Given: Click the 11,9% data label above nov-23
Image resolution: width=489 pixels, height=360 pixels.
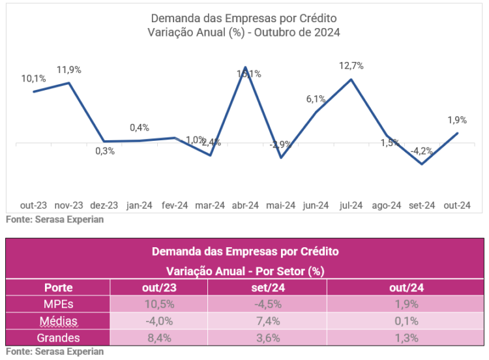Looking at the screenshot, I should (x=69, y=70).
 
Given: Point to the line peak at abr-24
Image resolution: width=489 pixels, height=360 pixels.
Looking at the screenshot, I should (x=245, y=67).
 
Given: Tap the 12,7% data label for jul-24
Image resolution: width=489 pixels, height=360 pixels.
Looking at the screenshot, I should (x=351, y=66).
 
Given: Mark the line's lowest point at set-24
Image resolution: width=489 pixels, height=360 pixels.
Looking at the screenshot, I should (x=422, y=164).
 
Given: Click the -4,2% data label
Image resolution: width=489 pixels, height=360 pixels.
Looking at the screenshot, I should (x=422, y=151).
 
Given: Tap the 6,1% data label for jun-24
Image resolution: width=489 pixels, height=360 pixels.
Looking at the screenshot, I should (x=316, y=99).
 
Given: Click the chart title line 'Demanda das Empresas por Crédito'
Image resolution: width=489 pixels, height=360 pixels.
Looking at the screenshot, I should (x=244, y=18).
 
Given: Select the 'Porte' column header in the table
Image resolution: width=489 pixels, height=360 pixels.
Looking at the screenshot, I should (x=58, y=288).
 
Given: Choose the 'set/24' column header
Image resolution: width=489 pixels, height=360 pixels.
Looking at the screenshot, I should (x=267, y=288).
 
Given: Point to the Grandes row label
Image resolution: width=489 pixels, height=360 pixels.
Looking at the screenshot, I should (x=58, y=338).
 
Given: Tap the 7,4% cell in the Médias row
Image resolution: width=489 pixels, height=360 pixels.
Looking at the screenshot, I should (x=267, y=321).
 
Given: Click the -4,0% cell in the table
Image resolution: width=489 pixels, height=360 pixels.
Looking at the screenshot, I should (x=158, y=321).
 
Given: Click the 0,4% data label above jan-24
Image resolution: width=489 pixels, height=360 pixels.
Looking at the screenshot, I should (x=140, y=128).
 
